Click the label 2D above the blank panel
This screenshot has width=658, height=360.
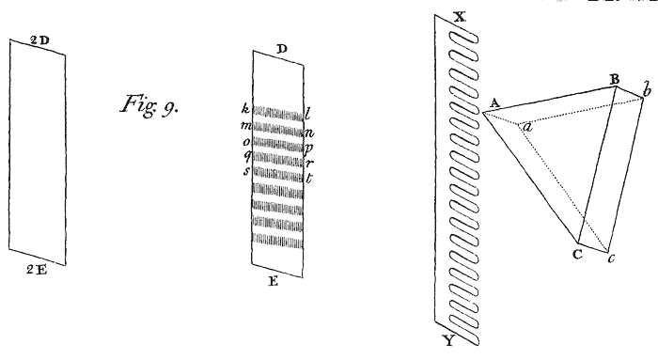(x=39, y=40)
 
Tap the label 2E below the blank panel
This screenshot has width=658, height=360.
(x=37, y=270)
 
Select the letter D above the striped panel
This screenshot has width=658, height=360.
(x=282, y=49)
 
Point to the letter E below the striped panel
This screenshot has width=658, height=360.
(x=274, y=281)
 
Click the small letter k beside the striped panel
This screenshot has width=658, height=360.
(x=245, y=109)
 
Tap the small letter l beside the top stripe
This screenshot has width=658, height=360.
(x=307, y=114)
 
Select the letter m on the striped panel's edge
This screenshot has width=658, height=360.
(x=245, y=125)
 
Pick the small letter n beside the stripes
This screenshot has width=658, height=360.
(x=309, y=133)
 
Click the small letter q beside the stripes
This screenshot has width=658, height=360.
(x=247, y=156)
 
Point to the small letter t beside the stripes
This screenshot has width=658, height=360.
(x=309, y=178)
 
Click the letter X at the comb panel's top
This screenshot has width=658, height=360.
(x=461, y=17)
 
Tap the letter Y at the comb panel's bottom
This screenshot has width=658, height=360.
(x=449, y=340)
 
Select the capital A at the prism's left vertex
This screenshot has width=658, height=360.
(x=494, y=103)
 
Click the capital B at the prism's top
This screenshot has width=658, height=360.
(x=615, y=79)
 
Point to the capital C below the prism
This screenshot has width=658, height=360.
(x=577, y=254)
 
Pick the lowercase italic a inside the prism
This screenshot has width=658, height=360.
(x=527, y=126)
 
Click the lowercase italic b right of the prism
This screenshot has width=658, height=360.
(x=648, y=89)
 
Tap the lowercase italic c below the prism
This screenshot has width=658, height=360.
(x=611, y=258)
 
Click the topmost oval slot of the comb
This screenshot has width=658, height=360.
(x=464, y=39)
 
